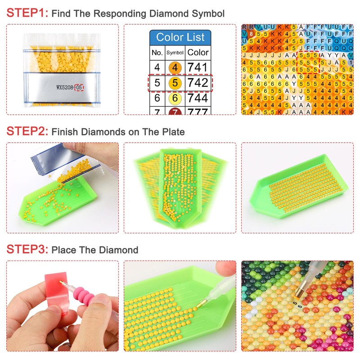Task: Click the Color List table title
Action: pyautogui.click(x=180, y=37)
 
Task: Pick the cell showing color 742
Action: pyautogui.click(x=198, y=83)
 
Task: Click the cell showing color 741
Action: pyautogui.click(x=198, y=67)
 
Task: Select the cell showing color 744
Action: pyautogui.click(x=198, y=98)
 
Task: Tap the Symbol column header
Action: pyautogui.click(x=175, y=53)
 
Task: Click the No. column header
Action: pyautogui.click(x=157, y=53)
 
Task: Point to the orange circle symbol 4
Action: pyautogui.click(x=175, y=68)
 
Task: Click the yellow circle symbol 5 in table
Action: pyautogui.click(x=175, y=83)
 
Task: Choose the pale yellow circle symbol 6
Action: pyautogui.click(x=175, y=98)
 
